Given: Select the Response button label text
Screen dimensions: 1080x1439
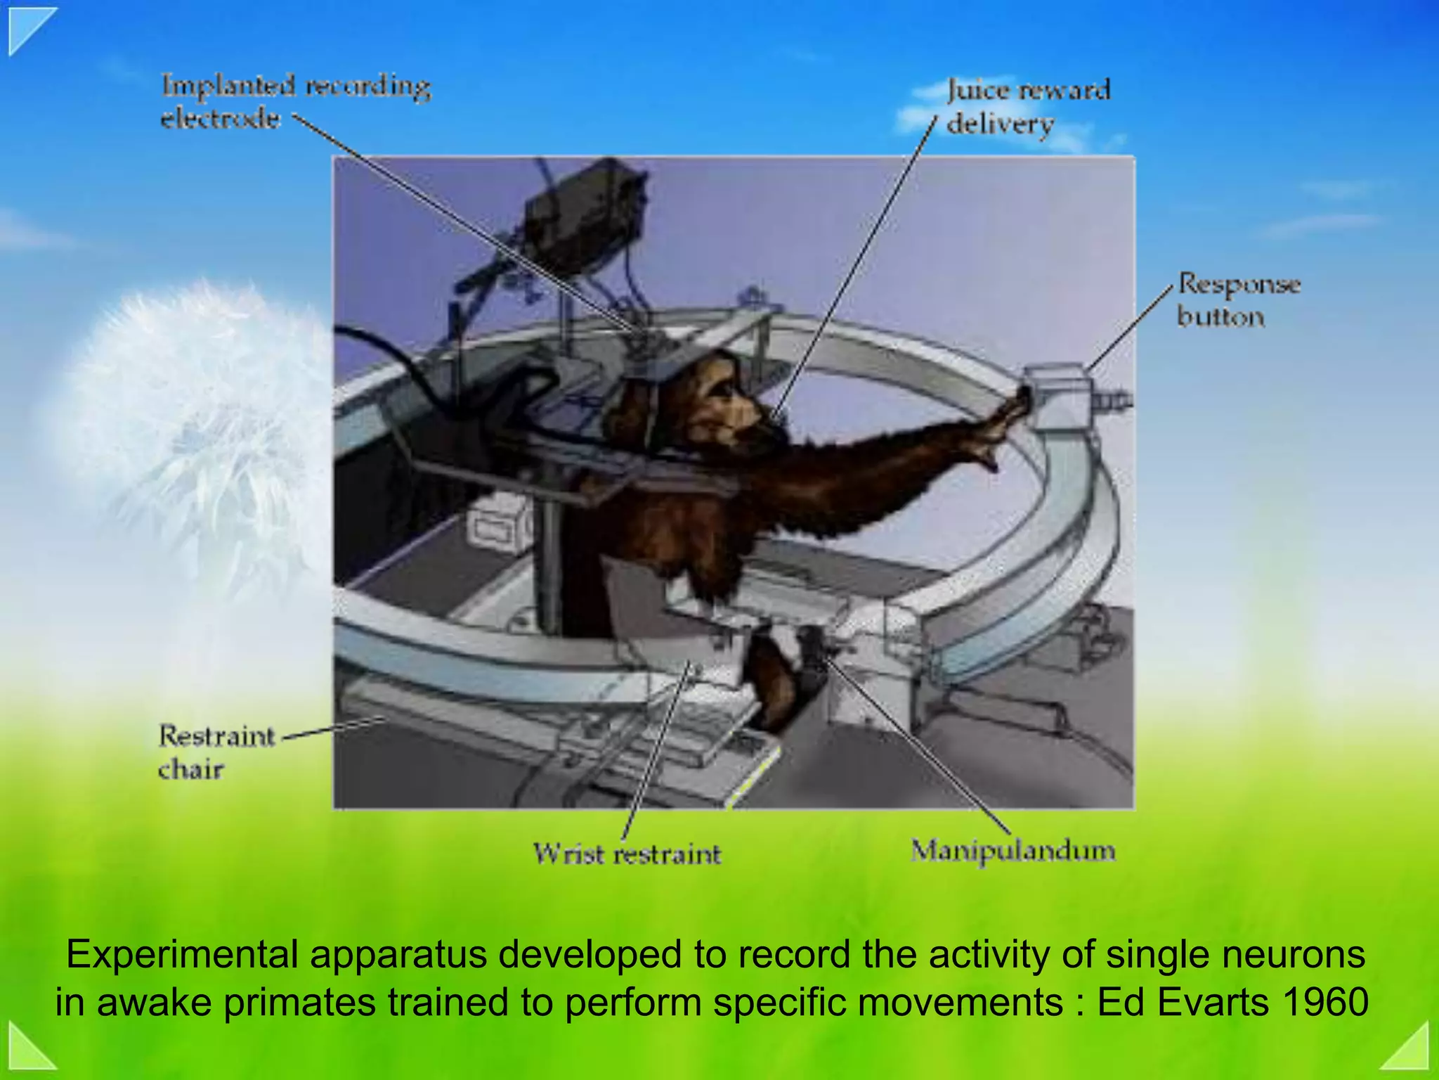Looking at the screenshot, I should (x=1238, y=300).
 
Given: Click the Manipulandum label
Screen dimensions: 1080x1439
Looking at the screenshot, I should (x=1012, y=851).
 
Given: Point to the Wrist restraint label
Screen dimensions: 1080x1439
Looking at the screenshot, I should (x=627, y=854).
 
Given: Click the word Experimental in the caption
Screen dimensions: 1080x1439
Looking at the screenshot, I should (x=184, y=955).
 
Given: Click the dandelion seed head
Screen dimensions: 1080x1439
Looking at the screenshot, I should (x=190, y=415).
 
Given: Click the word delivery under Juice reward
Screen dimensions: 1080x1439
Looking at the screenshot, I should (x=1000, y=124).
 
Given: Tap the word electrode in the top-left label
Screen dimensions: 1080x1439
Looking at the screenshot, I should (x=220, y=118).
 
